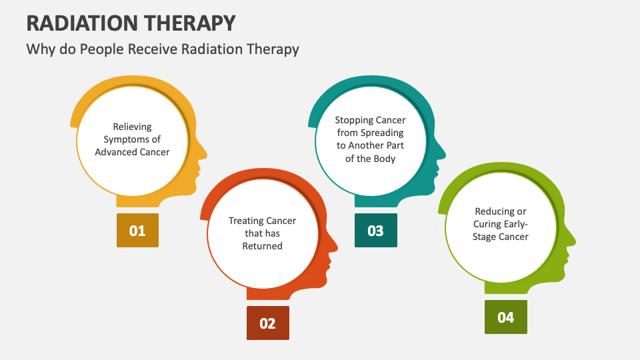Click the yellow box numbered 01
point(137,231)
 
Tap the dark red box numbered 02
point(267,323)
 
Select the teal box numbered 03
point(375,231)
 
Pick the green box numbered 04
point(505,317)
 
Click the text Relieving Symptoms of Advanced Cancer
point(132,139)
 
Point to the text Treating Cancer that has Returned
point(262,233)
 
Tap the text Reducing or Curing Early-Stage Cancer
point(500,224)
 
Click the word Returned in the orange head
point(262,246)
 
